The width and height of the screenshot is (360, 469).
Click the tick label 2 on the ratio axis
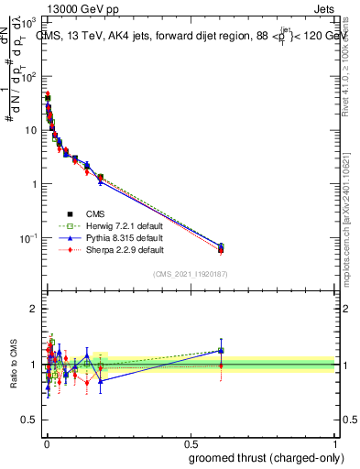point(36,309)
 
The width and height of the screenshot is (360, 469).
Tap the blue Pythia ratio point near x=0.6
point(221,350)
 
